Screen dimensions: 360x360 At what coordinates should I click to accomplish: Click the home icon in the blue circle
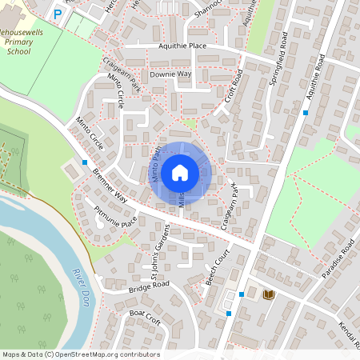tap(180, 172)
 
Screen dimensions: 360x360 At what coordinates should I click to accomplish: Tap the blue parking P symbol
tap(57, 14)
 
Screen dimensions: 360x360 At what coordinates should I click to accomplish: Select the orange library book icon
tap(269, 294)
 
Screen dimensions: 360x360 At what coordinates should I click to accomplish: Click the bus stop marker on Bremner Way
tap(85, 163)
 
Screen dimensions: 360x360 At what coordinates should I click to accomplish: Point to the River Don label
tap(80, 282)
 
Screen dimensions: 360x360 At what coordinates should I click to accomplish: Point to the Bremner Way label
tap(110, 186)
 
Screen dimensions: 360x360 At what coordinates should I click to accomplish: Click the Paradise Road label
tap(338, 260)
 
